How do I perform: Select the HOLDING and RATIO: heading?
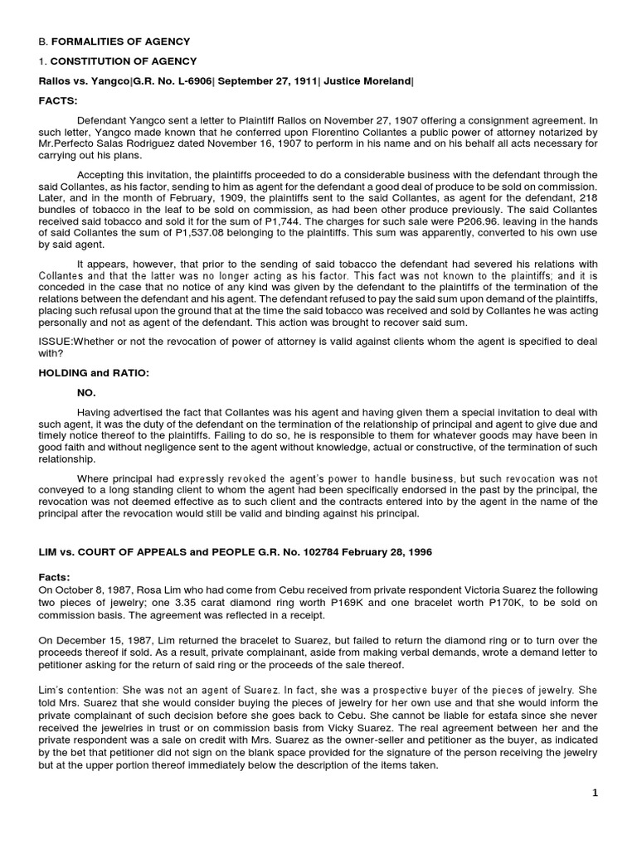coord(94,373)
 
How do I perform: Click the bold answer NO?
coord(86,393)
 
